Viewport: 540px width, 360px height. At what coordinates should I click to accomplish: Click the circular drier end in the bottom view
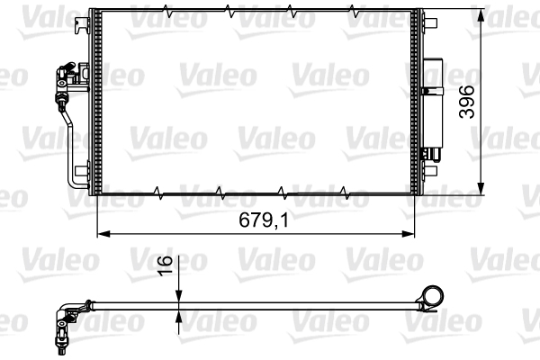pyautogui.click(x=434, y=296)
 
